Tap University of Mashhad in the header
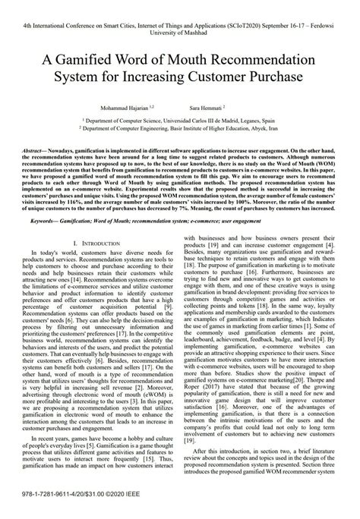pyautogui.click(x=179, y=33)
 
